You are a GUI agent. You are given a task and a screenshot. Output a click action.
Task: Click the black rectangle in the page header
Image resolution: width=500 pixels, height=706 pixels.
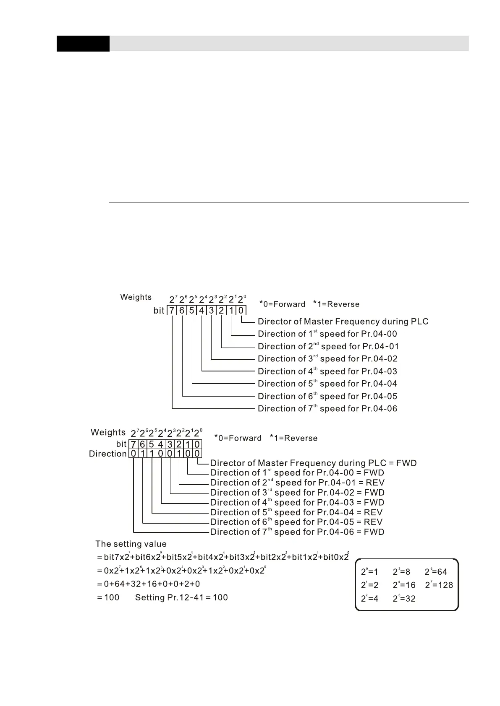[x=83, y=44]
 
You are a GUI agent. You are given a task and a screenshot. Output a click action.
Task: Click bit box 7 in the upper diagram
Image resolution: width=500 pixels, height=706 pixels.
[x=172, y=311]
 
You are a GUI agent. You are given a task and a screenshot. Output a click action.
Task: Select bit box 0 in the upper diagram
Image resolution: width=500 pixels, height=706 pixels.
[x=241, y=311]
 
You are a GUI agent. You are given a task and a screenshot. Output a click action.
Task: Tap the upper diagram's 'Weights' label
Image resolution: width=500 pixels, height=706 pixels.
[x=136, y=297]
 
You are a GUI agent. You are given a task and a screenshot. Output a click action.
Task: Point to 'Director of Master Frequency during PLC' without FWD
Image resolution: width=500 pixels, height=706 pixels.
[x=343, y=322]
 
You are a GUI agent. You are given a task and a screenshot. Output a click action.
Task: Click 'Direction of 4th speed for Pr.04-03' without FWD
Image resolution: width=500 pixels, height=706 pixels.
[x=327, y=371]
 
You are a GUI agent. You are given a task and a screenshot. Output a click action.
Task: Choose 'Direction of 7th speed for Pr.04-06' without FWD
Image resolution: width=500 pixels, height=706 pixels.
[x=327, y=409]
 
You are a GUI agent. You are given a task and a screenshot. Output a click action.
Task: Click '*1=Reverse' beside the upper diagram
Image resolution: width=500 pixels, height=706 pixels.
[x=336, y=304]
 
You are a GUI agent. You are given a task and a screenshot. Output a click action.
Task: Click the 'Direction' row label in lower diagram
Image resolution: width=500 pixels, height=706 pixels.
[x=108, y=454]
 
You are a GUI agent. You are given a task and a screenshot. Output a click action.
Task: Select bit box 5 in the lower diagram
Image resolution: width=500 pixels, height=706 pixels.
[x=152, y=444]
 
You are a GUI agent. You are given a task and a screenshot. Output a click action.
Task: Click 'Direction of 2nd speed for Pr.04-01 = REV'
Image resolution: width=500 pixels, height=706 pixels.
[x=297, y=483]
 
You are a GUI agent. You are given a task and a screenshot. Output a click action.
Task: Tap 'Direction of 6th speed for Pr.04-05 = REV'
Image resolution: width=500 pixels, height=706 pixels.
[x=296, y=522]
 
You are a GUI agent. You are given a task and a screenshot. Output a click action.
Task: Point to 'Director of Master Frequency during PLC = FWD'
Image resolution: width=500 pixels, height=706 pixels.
[x=313, y=463]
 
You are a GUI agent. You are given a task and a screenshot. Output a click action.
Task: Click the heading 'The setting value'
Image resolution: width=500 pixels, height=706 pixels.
[x=131, y=544]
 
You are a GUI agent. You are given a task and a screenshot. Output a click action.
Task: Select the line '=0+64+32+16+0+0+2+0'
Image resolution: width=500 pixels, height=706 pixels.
[x=148, y=584]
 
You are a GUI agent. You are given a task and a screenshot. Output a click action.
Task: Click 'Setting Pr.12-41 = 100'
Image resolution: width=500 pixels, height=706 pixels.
[x=181, y=597]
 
